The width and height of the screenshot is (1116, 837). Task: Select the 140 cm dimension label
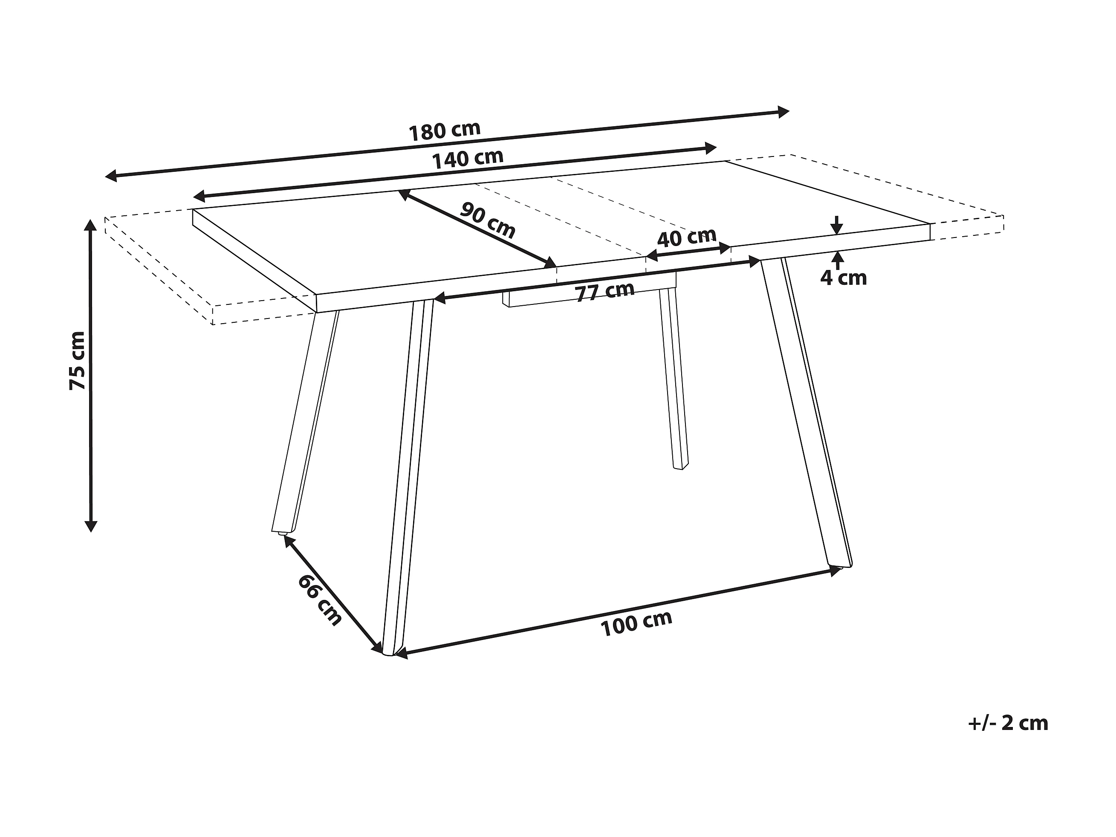coord(468,159)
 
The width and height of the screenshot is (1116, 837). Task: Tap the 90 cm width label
coord(487,220)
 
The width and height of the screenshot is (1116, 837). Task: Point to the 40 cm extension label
coord(687,237)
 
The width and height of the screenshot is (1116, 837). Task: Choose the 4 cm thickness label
coord(843,278)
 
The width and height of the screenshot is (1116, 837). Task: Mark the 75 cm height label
coord(78,360)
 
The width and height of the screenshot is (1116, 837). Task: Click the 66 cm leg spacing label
coord(320,600)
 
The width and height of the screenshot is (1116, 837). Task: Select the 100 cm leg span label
coord(636,623)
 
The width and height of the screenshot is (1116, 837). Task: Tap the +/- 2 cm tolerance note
coord(1008,723)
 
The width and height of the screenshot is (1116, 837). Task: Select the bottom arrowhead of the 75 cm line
coord(91,526)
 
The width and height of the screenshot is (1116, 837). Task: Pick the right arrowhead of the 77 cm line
coord(755,261)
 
